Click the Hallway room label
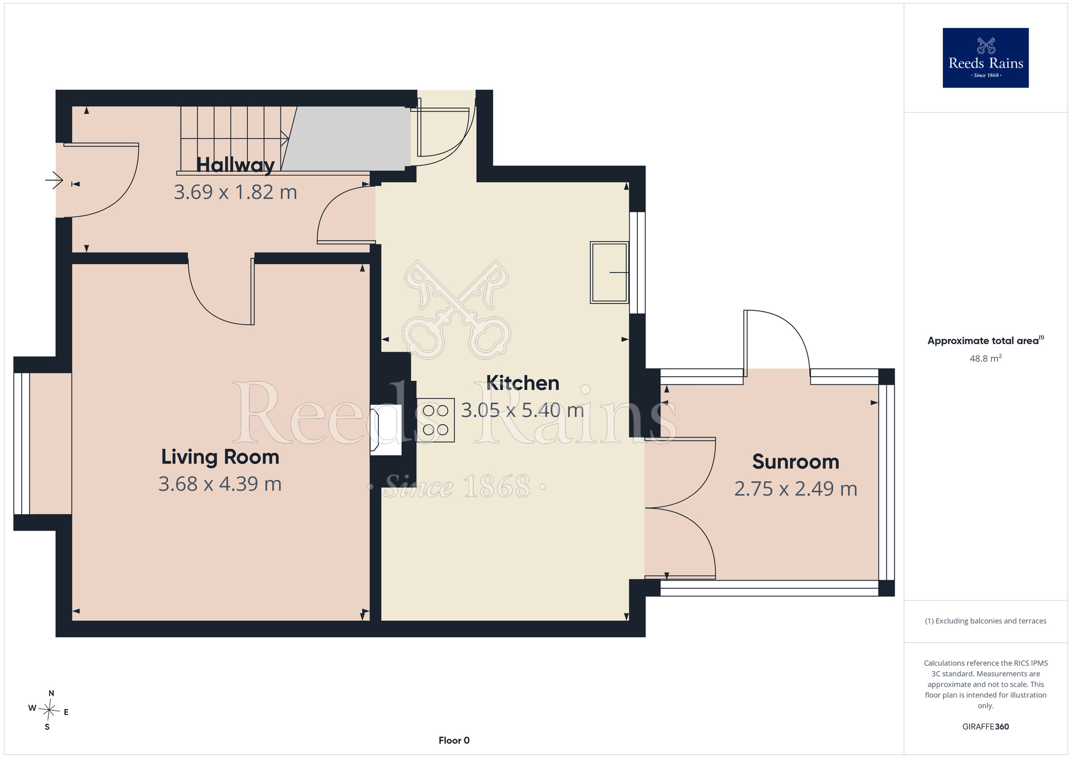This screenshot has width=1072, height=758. [235, 165]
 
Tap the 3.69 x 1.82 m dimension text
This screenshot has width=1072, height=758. [235, 192]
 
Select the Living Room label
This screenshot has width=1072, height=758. [220, 457]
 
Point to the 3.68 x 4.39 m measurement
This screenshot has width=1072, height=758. [220, 484]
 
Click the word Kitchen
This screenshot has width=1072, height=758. [523, 383]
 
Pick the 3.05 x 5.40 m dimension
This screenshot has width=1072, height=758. [523, 410]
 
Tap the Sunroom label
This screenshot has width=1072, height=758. [796, 462]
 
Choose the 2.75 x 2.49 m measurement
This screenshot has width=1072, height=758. [796, 489]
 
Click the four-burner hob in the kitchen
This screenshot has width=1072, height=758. [435, 420]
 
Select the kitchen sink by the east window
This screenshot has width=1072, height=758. [609, 272]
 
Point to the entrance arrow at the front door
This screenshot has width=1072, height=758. [54, 180]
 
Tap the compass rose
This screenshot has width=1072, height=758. [49, 711]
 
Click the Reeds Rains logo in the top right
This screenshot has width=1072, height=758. [986, 58]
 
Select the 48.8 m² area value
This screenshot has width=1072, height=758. [986, 358]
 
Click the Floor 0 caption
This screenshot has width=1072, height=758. [454, 740]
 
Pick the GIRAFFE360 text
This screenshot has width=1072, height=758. [986, 727]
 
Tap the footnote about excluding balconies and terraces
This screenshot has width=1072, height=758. [986, 621]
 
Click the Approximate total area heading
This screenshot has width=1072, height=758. [986, 340]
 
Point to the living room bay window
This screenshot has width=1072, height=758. [22, 443]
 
